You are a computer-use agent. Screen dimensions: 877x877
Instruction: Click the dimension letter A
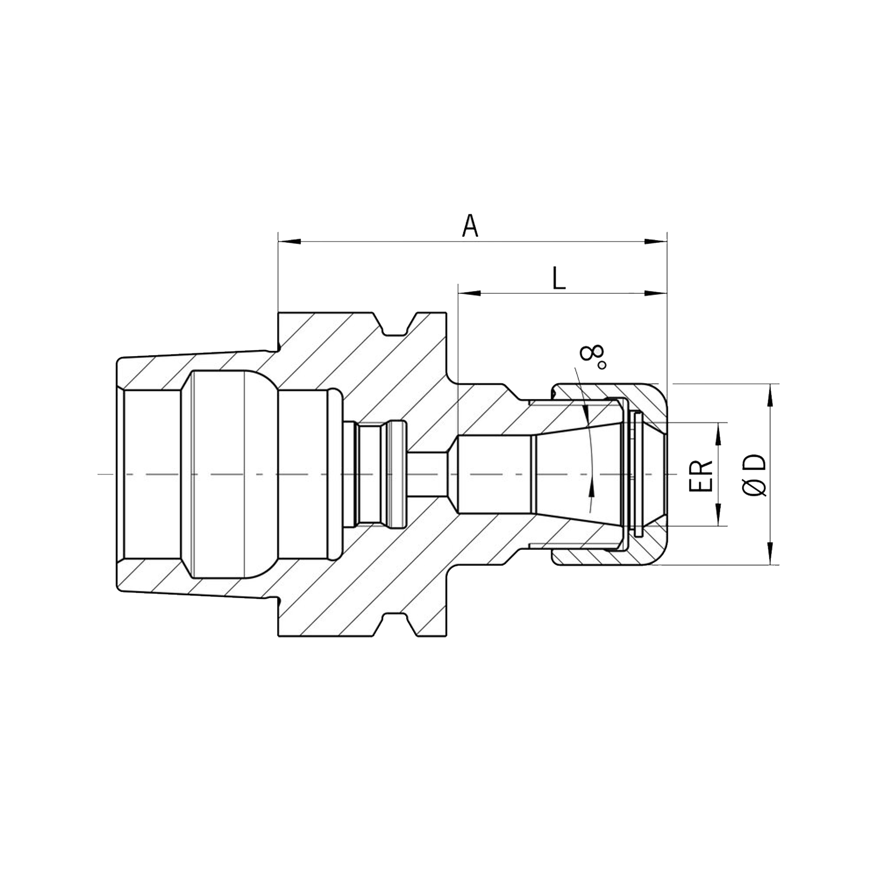470,226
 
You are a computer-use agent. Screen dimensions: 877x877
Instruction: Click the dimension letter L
559,278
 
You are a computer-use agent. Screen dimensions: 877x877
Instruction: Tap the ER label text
701,475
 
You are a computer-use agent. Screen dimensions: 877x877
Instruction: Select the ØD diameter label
755,476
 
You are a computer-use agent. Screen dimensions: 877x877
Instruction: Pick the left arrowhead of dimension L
469,293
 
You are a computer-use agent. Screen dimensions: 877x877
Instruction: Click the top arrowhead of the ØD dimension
771,395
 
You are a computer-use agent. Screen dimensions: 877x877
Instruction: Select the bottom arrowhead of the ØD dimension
771,553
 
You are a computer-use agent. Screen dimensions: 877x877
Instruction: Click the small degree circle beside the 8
602,365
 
